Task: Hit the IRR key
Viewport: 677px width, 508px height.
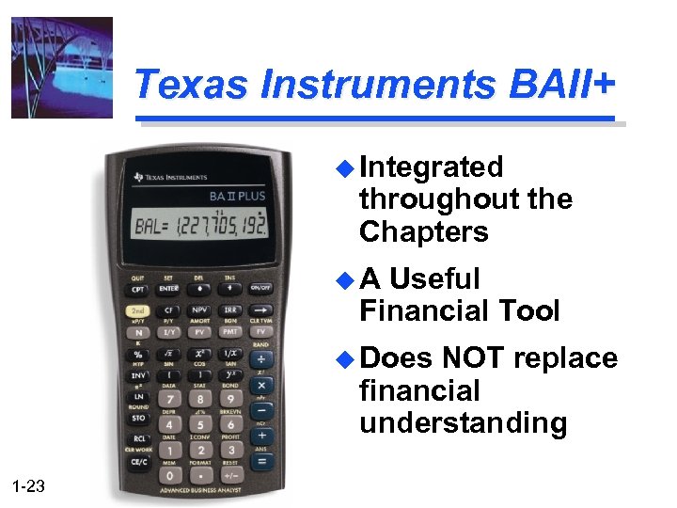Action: click(x=230, y=310)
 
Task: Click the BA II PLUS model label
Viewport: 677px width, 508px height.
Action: click(x=237, y=197)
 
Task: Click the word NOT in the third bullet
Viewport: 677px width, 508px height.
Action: click(x=475, y=358)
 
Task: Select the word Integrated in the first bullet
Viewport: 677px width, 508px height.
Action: click(x=432, y=167)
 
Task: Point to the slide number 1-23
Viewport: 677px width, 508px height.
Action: click(x=29, y=485)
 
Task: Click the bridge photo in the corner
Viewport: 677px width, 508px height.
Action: click(x=61, y=68)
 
